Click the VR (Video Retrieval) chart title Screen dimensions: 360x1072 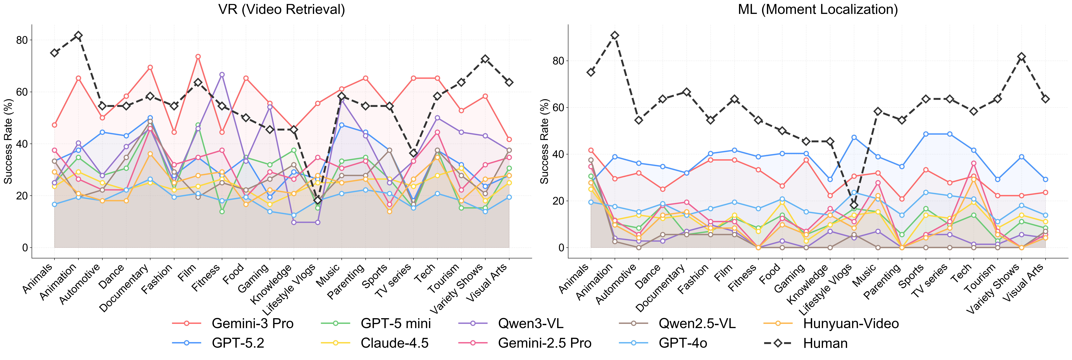click(x=282, y=9)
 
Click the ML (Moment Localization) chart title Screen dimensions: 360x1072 click(x=818, y=9)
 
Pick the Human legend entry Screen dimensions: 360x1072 click(x=825, y=343)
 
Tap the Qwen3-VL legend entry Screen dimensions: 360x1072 click(x=531, y=323)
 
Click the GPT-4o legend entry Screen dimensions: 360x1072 click(x=682, y=343)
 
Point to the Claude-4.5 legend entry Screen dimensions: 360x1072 click(x=394, y=343)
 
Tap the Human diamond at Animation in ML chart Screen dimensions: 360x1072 click(x=615, y=35)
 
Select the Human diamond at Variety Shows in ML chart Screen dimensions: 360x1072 click(x=1021, y=57)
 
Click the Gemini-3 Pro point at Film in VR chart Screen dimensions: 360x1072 click(x=198, y=57)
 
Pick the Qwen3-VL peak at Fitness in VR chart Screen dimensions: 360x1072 click(x=222, y=74)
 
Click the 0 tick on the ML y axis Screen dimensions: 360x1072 click(x=561, y=248)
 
